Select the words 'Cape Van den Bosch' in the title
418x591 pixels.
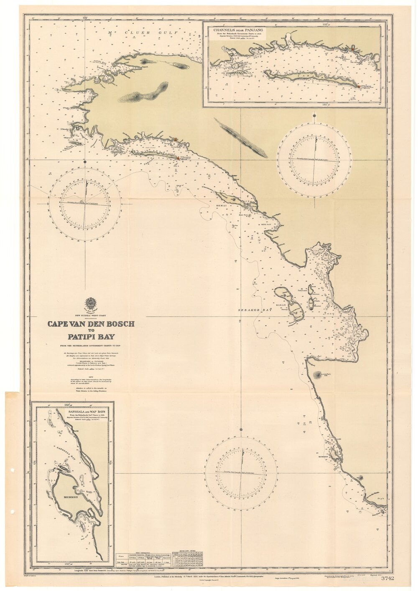tap(91, 324)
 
